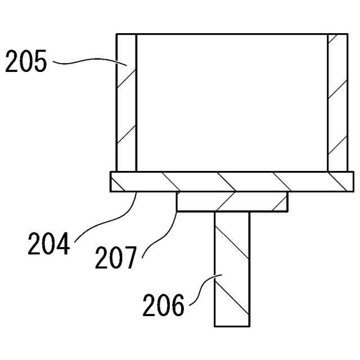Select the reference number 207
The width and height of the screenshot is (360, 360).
point(115,259)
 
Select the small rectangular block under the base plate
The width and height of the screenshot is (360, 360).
point(232,201)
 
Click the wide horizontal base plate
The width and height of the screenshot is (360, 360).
point(232,182)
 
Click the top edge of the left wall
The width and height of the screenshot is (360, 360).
point(126,34)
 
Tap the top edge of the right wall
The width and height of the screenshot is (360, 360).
point(337,34)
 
